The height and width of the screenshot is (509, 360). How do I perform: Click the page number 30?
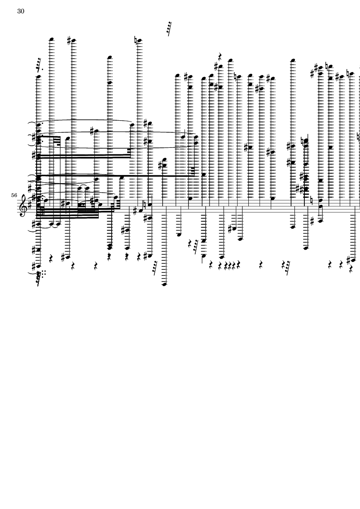(x=21, y=11)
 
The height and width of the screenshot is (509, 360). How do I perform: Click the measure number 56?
(x=15, y=196)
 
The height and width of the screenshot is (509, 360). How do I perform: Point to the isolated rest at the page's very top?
(x=169, y=28)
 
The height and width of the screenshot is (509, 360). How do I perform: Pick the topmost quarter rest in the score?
(x=220, y=56)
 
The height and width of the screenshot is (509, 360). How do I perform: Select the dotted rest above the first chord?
(x=39, y=65)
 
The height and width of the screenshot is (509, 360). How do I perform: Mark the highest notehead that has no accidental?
(x=51, y=39)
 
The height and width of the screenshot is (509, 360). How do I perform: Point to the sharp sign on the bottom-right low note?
(x=348, y=260)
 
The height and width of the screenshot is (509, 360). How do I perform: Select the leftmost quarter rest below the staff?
(x=51, y=259)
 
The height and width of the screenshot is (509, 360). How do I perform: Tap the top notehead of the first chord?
(x=38, y=77)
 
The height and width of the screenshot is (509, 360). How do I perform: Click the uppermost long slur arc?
(x=86, y=120)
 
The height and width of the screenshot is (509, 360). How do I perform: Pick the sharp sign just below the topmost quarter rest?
(x=216, y=66)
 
